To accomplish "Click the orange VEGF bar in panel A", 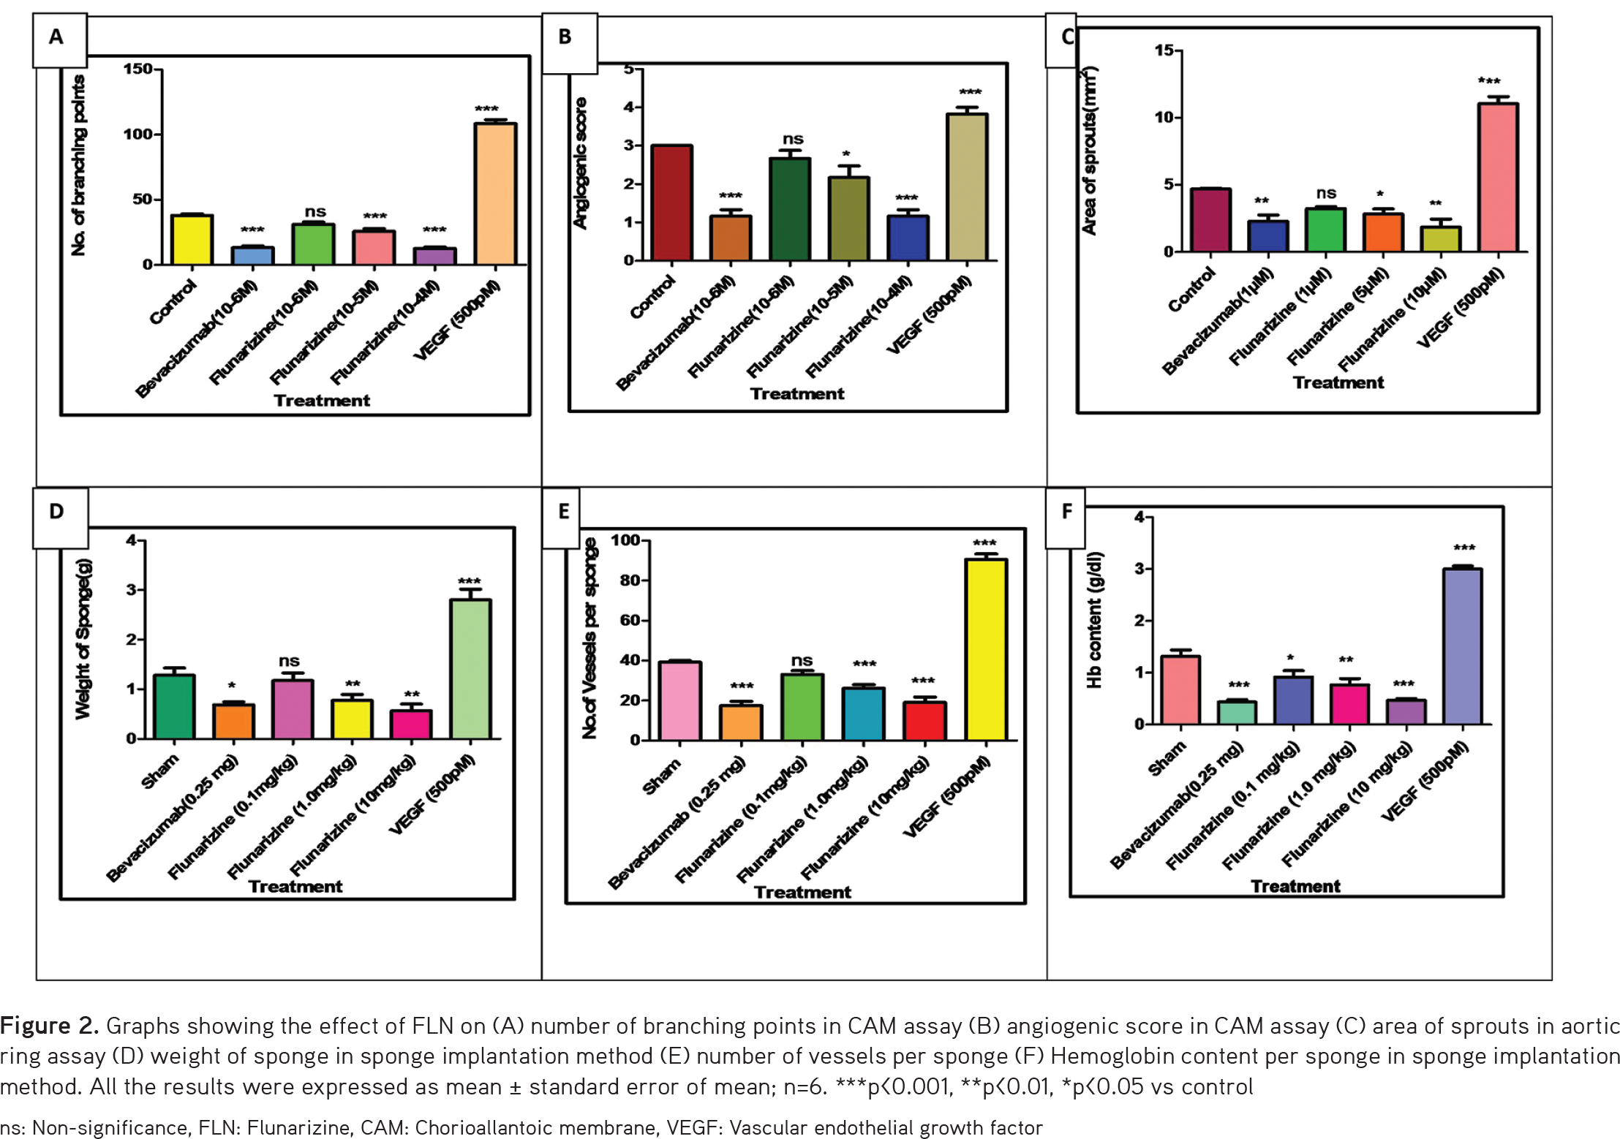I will [495, 194].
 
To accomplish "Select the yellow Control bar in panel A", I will [192, 240].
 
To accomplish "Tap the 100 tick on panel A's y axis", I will [137, 135].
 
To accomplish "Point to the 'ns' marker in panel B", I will [793, 139].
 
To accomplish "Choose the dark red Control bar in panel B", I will [671, 203].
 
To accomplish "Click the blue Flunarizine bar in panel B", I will [908, 238].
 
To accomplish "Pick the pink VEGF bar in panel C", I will [1497, 178].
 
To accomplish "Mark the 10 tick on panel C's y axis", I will [1164, 117].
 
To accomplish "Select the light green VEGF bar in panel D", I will [470, 669].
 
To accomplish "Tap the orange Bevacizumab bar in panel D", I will [233, 721].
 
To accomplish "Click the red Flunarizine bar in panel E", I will [924, 721].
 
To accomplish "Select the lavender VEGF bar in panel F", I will [1462, 646].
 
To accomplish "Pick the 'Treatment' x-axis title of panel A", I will [322, 401].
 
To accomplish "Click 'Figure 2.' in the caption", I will [48, 1026].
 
